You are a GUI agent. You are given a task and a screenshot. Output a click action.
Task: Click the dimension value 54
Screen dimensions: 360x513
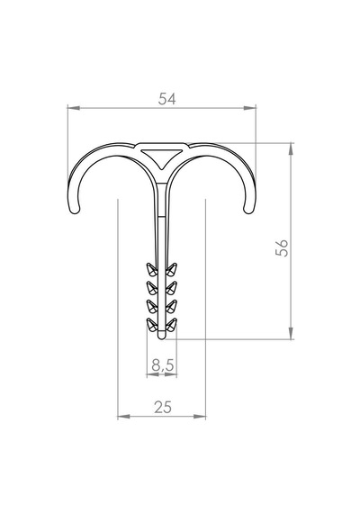coord(166,99)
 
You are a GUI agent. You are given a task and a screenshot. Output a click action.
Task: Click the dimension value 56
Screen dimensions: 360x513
coord(282,248)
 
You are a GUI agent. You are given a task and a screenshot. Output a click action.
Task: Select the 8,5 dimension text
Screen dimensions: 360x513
coord(163,364)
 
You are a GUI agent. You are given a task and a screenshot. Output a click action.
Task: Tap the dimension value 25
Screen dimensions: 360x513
coord(163,408)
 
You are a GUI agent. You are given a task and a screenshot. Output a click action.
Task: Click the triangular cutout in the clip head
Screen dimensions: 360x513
coord(161,157)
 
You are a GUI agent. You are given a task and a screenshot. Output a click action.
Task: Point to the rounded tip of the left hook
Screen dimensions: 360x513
coord(75,210)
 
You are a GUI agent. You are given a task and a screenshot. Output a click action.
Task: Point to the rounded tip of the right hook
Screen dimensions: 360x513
coord(248,210)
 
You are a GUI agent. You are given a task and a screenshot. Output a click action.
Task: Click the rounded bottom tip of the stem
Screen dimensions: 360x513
coord(162,336)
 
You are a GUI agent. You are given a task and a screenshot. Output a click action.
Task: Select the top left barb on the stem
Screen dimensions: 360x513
coord(152,268)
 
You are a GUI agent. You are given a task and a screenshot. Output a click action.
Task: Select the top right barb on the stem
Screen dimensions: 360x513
coord(171,268)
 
